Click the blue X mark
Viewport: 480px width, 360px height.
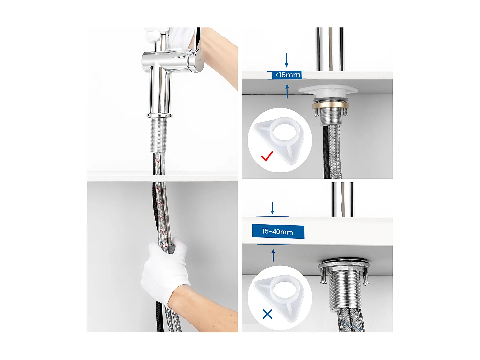point(267,314)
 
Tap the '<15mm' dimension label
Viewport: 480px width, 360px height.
point(288,75)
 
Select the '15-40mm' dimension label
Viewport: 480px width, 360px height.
point(278,232)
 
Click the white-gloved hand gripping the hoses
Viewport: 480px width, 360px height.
point(165,272)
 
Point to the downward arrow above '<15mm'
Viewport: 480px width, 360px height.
point(286,60)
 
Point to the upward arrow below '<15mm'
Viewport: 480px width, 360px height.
point(287,91)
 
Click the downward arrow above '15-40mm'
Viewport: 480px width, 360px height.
point(272,208)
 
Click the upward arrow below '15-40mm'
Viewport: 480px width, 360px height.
point(273,255)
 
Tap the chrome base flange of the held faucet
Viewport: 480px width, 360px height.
point(159,115)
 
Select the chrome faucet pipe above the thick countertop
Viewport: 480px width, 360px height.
point(342,200)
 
